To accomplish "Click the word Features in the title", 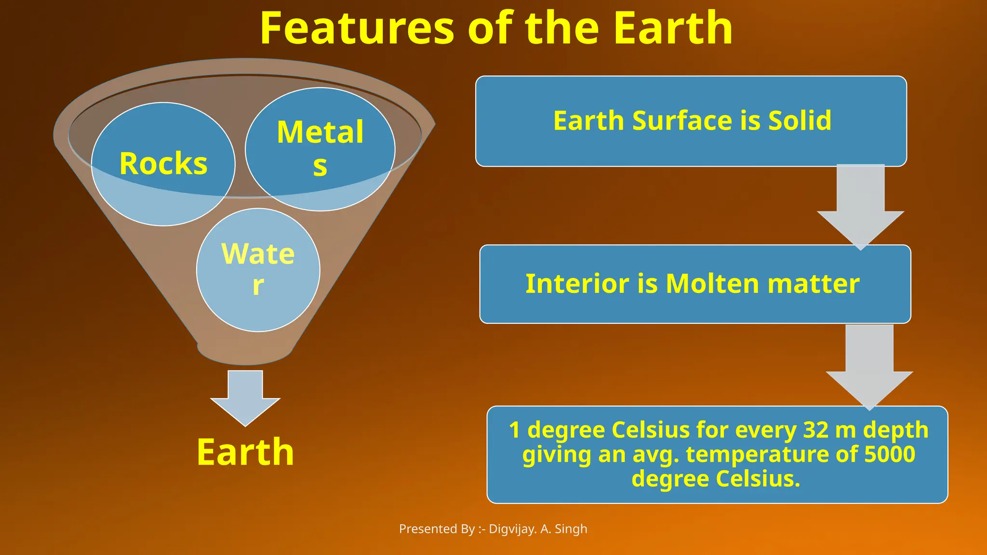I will click(x=357, y=29).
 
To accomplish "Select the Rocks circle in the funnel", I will click(x=163, y=164).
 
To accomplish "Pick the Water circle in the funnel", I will click(x=258, y=270).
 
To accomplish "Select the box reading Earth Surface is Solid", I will click(x=691, y=121).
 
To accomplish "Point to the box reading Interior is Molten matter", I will click(x=694, y=284).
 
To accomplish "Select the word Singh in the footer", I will click(x=571, y=529).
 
